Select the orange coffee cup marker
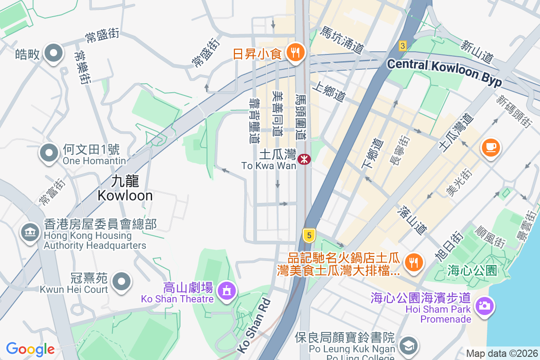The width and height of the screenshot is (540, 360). pyautogui.click(x=490, y=148)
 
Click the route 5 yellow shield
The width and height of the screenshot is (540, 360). pyautogui.click(x=308, y=235)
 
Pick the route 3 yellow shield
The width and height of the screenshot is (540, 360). pyautogui.click(x=403, y=45)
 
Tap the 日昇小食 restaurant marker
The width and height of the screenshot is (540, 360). pyautogui.click(x=296, y=54)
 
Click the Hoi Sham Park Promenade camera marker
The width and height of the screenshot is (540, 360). pyautogui.click(x=484, y=306)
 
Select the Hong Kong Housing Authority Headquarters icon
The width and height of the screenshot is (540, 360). pyautogui.click(x=30, y=233)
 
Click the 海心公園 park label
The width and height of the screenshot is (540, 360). pyautogui.click(x=472, y=270)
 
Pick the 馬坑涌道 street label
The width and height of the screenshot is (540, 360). pyautogui.click(x=342, y=40)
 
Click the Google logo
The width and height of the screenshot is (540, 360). pyautogui.click(x=30, y=349)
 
